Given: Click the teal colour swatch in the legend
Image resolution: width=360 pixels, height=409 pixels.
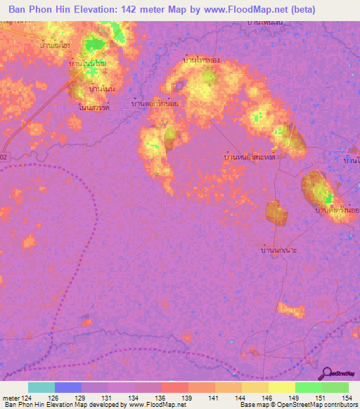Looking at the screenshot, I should point(41,387).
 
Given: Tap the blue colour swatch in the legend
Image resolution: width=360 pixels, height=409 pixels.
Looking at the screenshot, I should point(68,387).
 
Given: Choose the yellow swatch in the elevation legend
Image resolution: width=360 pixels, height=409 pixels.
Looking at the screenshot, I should point(281,387).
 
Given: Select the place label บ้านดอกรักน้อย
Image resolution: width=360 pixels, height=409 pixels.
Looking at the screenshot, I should point(155,103).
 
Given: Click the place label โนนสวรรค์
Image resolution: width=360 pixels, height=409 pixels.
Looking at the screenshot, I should point(98,108).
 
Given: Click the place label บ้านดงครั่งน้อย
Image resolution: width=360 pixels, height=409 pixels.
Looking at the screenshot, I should point(337,210).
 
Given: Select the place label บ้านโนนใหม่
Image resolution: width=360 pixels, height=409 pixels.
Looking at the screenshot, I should point(88,64).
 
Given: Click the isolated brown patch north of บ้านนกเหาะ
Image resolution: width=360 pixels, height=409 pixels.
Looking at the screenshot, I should point(275,212).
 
